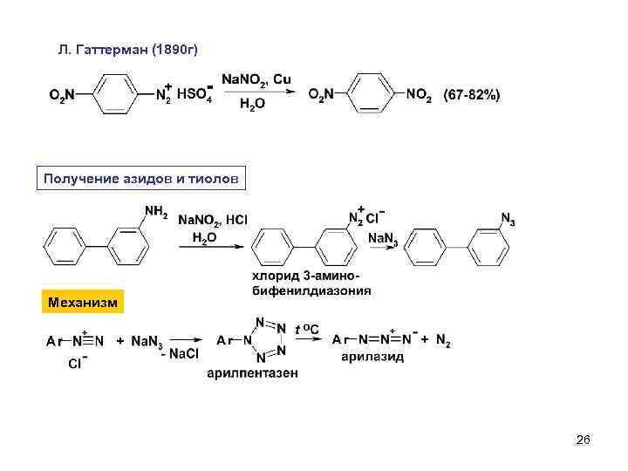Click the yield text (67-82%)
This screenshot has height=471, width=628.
click(x=472, y=94)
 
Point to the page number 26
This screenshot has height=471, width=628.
click(x=584, y=440)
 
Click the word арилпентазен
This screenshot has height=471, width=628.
click(x=252, y=373)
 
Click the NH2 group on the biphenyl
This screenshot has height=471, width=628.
click(x=154, y=210)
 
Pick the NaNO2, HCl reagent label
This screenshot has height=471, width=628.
click(x=213, y=219)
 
